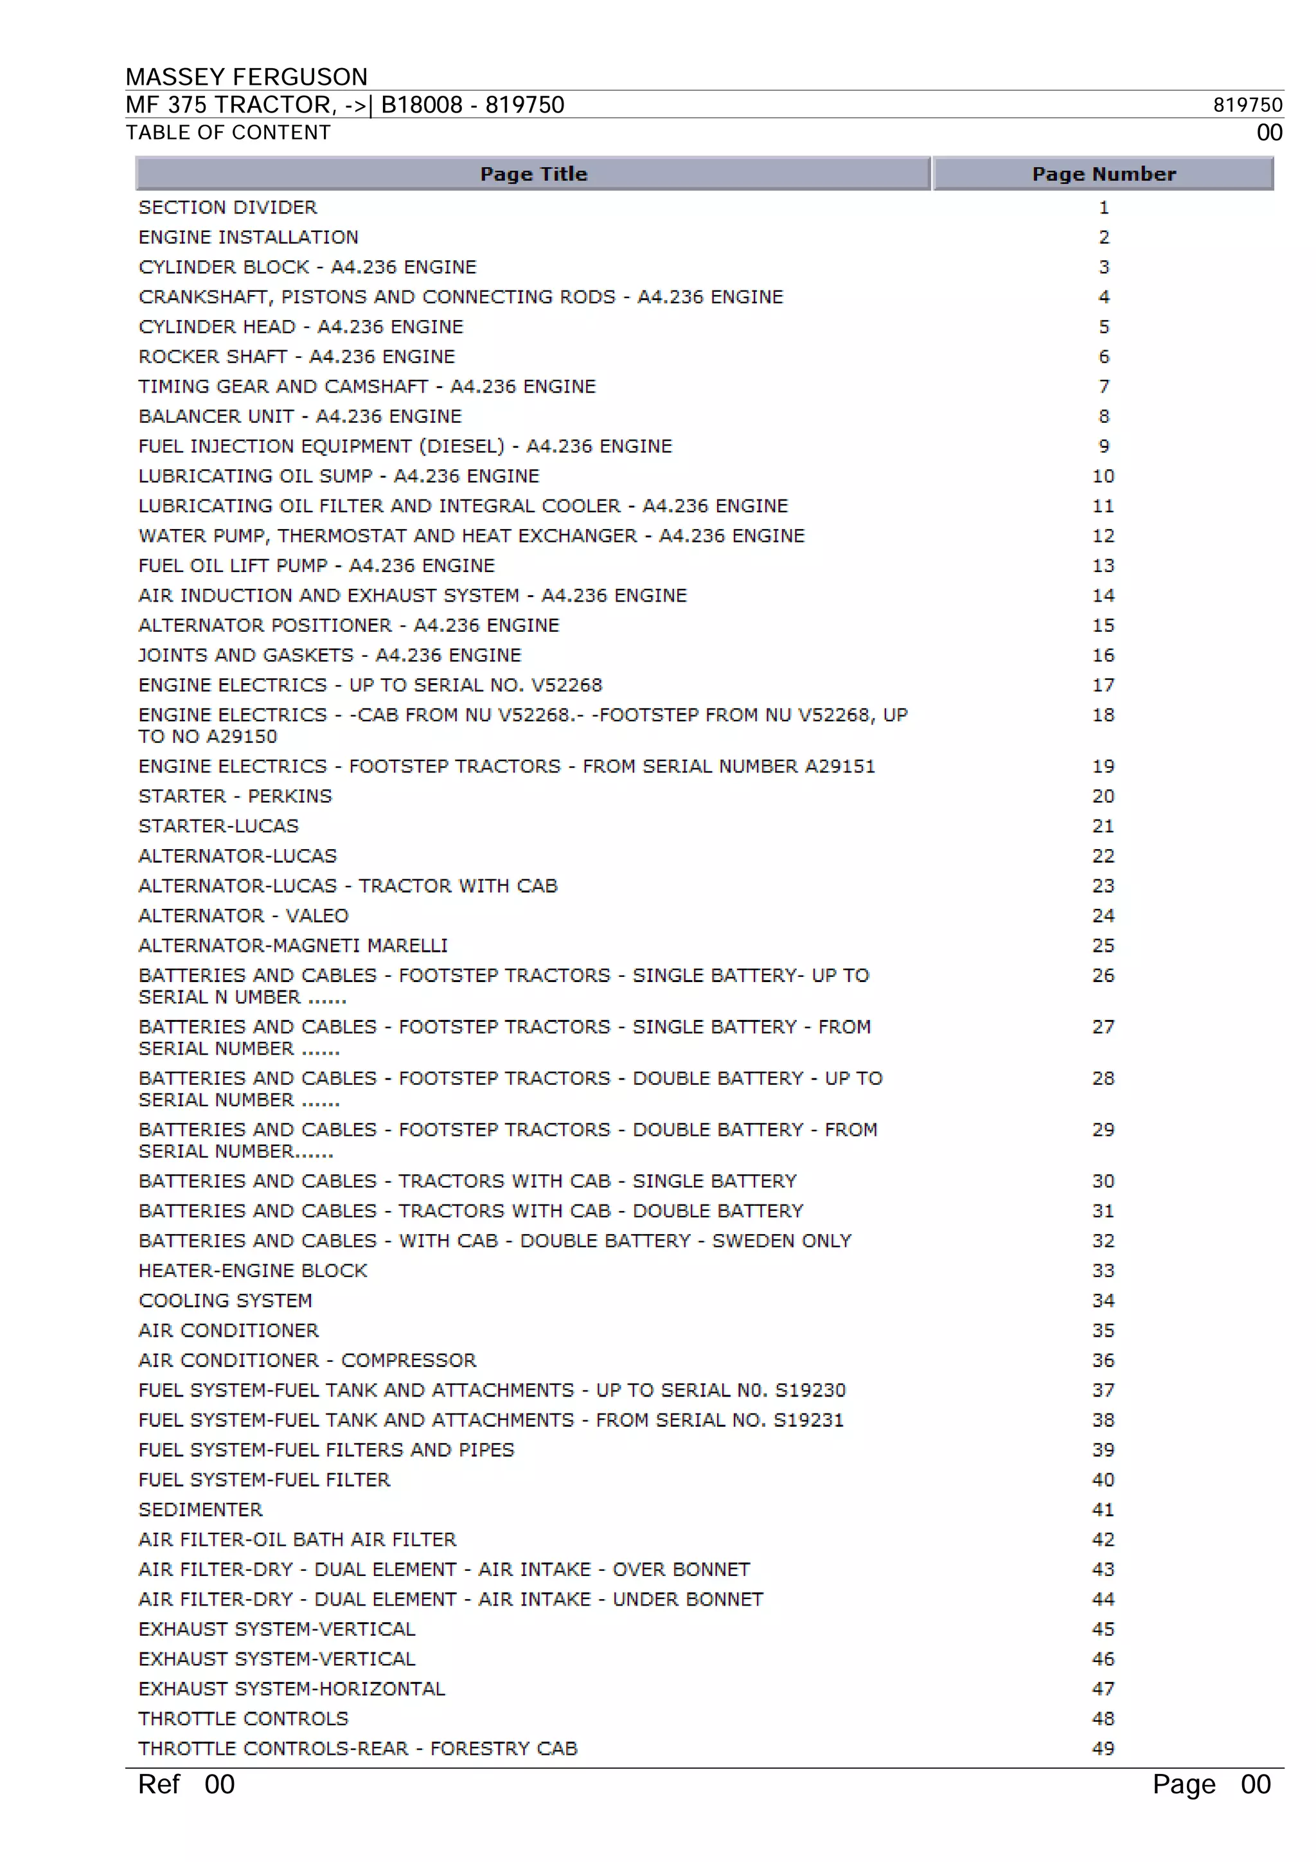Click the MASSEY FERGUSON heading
click(247, 77)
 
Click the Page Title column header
click(533, 174)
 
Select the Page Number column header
click(1103, 174)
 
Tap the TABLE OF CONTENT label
click(228, 132)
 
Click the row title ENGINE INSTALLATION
click(248, 237)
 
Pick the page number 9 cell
click(1103, 446)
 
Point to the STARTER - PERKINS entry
click(235, 796)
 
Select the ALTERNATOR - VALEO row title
click(244, 916)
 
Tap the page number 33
click(1103, 1271)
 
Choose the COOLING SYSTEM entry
click(226, 1301)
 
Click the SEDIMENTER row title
click(200, 1509)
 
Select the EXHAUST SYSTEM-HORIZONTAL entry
click(291, 1688)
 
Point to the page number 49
click(1103, 1748)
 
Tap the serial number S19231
click(808, 1420)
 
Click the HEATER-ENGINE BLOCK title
click(253, 1271)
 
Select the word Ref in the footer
click(159, 1784)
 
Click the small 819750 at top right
click(1247, 105)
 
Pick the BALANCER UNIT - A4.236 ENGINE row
click(300, 416)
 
